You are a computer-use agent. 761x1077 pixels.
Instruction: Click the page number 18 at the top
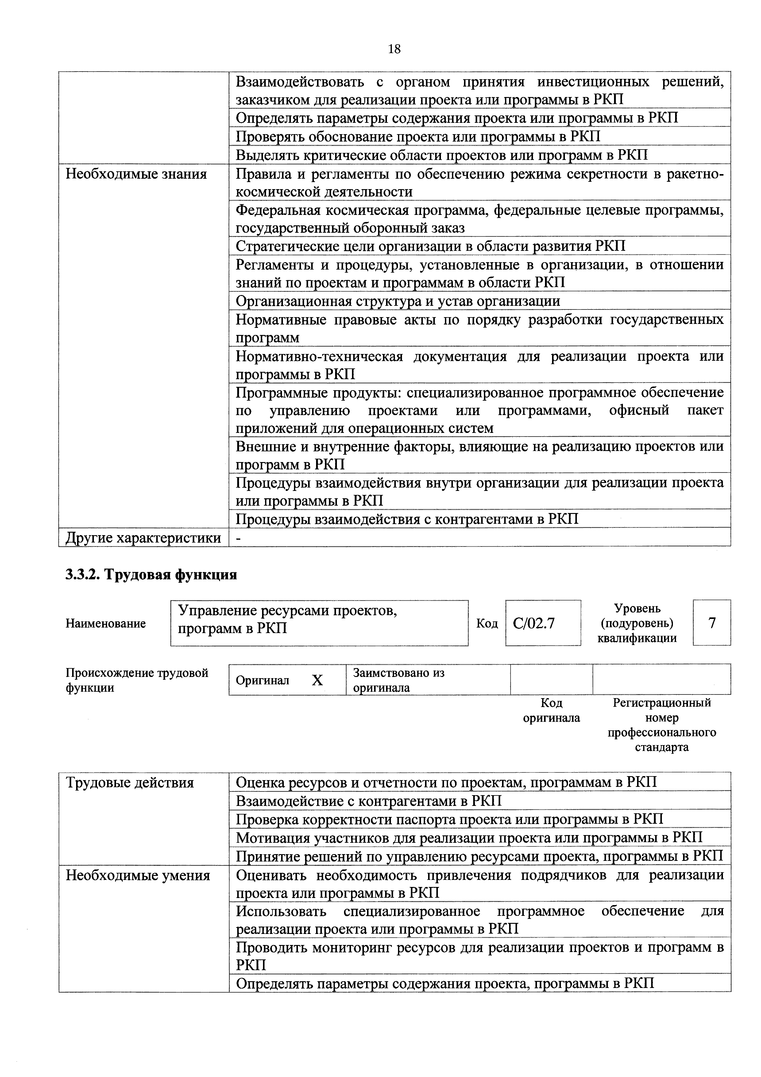click(x=394, y=49)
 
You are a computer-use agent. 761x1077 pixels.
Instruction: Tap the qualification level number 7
click(x=712, y=623)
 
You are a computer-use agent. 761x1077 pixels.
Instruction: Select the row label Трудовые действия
click(x=130, y=782)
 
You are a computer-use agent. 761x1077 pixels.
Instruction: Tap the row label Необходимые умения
click(x=137, y=875)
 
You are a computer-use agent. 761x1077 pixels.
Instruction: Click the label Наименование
click(x=106, y=624)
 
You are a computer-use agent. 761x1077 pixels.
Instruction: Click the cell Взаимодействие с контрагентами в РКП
click(x=369, y=801)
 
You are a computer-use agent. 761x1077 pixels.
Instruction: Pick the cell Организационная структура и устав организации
click(x=398, y=301)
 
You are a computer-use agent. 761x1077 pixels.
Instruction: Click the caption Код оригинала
click(x=551, y=710)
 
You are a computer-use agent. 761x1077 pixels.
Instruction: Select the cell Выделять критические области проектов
click(x=441, y=155)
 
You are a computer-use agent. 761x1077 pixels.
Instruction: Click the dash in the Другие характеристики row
click(x=238, y=538)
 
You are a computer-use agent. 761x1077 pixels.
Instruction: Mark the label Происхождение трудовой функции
click(x=137, y=680)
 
